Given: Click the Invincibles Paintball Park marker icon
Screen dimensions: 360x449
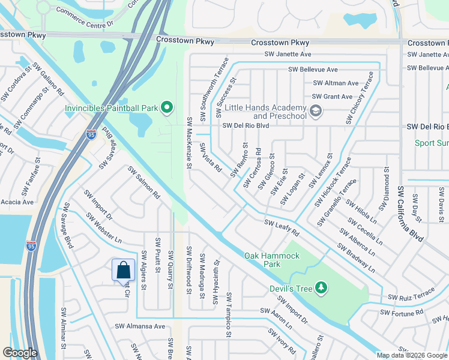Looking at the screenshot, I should pyautogui.click(x=167, y=108).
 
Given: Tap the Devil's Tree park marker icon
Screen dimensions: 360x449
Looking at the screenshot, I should pyautogui.click(x=322, y=289).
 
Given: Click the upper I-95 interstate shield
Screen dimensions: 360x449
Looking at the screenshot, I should pyautogui.click(x=91, y=134).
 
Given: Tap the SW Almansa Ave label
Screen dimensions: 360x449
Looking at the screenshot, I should pyautogui.click(x=139, y=326).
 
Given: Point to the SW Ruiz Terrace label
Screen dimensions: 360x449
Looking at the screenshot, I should pyautogui.click(x=411, y=296).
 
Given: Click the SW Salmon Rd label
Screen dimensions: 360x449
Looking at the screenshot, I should pyautogui.click(x=144, y=183).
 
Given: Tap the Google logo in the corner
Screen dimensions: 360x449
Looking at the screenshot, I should pyautogui.click(x=20, y=353).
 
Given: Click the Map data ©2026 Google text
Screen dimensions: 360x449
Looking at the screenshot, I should pyautogui.click(x=412, y=355).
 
